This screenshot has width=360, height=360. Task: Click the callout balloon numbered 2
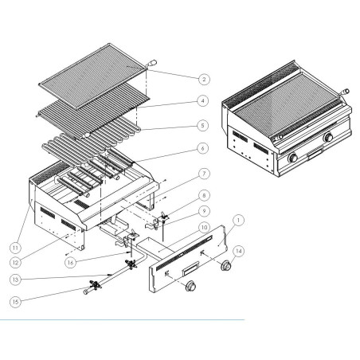(x=204, y=79)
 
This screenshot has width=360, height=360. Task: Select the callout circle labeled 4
(x=203, y=101)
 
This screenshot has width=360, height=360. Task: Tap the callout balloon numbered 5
(x=203, y=125)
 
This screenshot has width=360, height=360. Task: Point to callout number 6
(x=203, y=148)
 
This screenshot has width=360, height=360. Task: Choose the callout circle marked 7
(x=204, y=174)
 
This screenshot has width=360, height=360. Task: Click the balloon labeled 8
(x=204, y=195)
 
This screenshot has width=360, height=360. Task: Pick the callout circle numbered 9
(x=204, y=211)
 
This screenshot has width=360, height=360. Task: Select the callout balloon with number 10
(x=204, y=228)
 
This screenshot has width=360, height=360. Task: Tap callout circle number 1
(x=238, y=220)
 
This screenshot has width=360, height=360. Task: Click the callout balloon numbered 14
(x=239, y=251)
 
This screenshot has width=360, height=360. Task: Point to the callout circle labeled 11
(x=15, y=248)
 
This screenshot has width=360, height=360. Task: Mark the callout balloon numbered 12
(x=15, y=263)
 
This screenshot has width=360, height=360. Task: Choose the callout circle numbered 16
(x=70, y=263)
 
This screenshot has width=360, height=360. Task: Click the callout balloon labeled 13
(x=15, y=280)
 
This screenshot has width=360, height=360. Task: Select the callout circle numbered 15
(x=15, y=302)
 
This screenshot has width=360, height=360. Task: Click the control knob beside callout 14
(x=226, y=265)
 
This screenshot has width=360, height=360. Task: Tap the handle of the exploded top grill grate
(x=151, y=64)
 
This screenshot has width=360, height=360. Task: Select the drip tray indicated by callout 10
(x=156, y=247)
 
